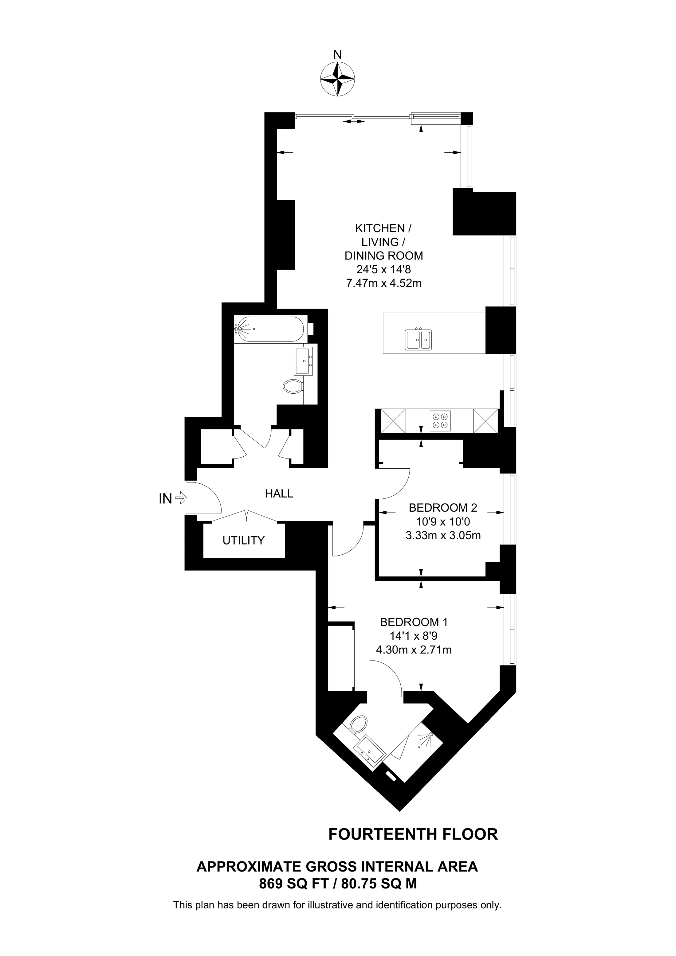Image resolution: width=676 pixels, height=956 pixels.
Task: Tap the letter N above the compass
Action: click(337, 55)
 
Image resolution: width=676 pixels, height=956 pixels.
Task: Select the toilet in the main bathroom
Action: click(293, 386)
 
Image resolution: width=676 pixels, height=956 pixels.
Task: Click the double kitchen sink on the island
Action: click(418, 339)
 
